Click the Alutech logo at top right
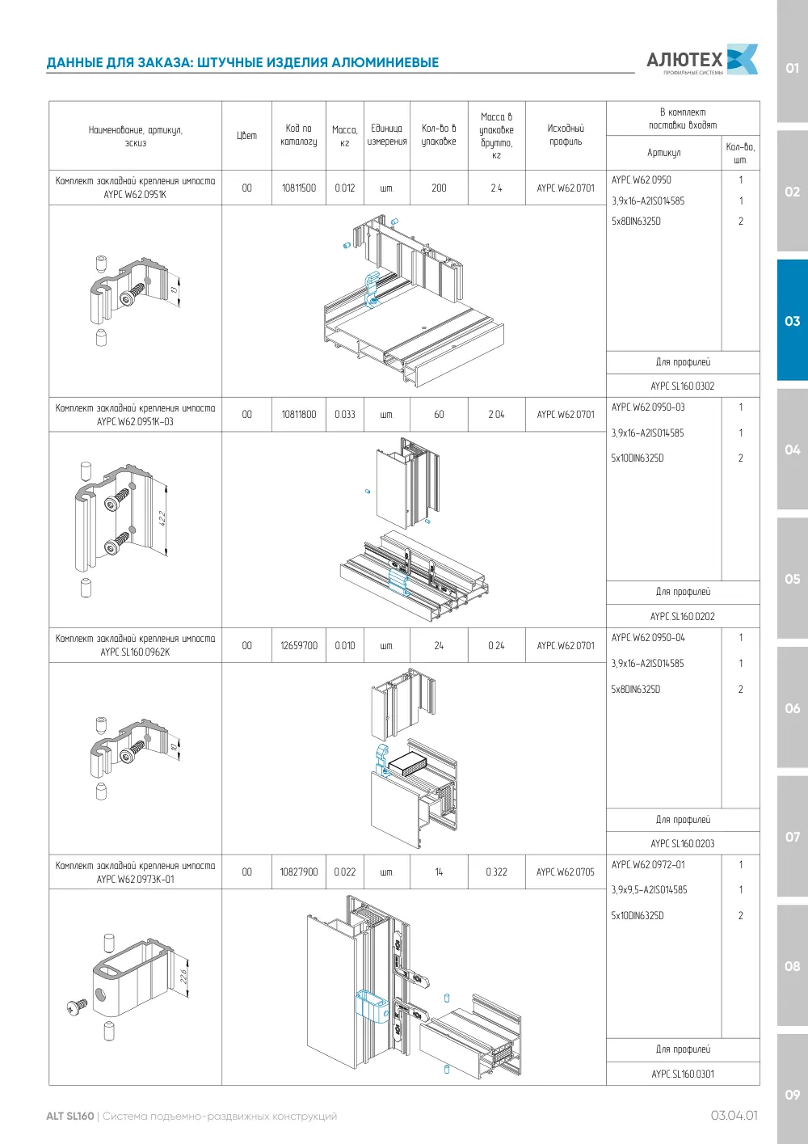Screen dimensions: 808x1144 click(702, 60)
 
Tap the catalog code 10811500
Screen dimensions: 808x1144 click(299, 188)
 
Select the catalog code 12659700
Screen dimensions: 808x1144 click(299, 645)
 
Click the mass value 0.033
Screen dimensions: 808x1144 click(344, 414)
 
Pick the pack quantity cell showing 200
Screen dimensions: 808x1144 click(439, 188)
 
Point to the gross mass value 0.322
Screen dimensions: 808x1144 click(496, 872)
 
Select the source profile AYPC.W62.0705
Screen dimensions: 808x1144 click(565, 872)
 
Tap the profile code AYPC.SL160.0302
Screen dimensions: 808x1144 click(683, 386)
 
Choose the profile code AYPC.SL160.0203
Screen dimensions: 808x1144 click(683, 844)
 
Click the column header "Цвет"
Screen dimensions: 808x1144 click(246, 135)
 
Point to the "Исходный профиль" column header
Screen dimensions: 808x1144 click(566, 135)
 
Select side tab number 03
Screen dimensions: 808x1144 click(792, 321)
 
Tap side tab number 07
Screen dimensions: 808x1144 click(792, 837)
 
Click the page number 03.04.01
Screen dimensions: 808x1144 click(734, 1116)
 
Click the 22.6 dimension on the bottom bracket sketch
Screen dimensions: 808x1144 click(183, 977)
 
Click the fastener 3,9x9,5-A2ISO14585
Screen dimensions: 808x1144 click(650, 889)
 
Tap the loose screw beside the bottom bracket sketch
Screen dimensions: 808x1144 click(77, 1007)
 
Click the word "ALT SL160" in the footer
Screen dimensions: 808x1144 click(70, 1116)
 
